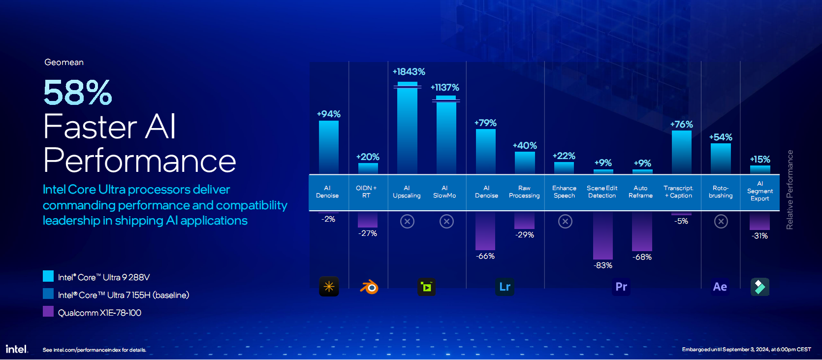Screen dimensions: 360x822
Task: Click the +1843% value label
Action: coord(409,72)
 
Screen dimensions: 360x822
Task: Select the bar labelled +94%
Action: coord(328,147)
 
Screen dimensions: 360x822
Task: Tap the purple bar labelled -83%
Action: coord(602,235)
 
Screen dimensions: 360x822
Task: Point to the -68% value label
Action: coord(642,257)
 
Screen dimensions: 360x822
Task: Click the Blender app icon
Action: coord(369,287)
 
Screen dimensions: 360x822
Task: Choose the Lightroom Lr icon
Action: coord(505,287)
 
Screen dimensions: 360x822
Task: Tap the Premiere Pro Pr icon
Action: coord(621,287)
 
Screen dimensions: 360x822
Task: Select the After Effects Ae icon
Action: coord(720,287)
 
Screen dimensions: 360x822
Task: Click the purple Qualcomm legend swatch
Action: coord(48,311)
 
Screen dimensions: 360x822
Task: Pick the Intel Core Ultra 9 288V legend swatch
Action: coord(48,276)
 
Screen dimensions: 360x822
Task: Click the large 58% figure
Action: coord(78,93)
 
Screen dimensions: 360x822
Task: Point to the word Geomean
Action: coord(64,63)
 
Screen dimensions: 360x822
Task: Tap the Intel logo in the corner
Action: coord(17,349)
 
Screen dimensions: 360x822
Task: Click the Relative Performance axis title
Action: coord(790,190)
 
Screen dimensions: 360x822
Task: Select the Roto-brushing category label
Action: coord(721,192)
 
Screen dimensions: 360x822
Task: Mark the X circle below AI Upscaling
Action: coord(407,222)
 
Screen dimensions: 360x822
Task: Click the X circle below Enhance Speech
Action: coord(565,222)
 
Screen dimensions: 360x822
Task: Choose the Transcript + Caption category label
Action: coord(678,192)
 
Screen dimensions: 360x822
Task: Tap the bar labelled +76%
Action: coord(681,152)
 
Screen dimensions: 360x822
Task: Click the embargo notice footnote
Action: coord(746,350)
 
